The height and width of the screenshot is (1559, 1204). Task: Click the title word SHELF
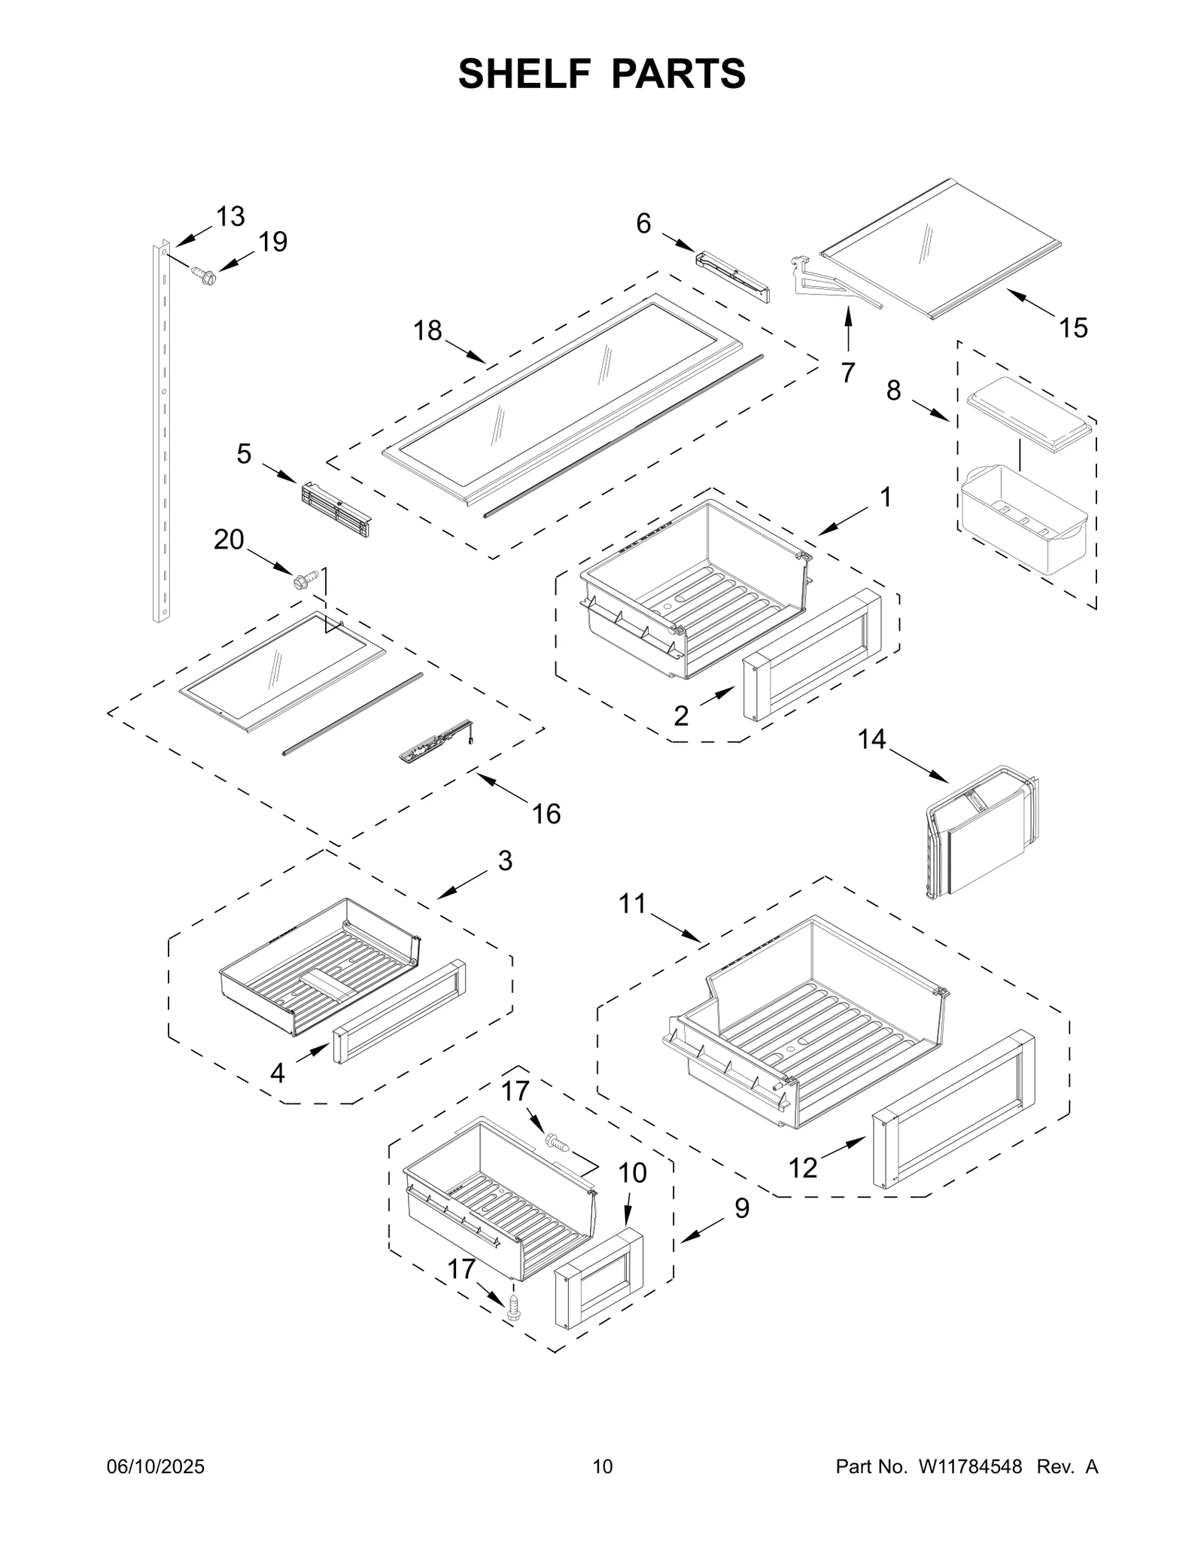point(526,74)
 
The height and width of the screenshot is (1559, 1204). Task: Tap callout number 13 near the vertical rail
point(230,217)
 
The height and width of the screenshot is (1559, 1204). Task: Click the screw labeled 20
point(305,580)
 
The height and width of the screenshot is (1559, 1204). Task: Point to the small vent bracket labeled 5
point(336,510)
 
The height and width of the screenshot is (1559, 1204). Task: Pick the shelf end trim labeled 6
point(733,277)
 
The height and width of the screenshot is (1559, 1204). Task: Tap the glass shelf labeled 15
point(941,248)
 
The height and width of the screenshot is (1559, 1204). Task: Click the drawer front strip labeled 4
point(400,1012)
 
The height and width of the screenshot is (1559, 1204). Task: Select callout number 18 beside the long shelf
point(428,330)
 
